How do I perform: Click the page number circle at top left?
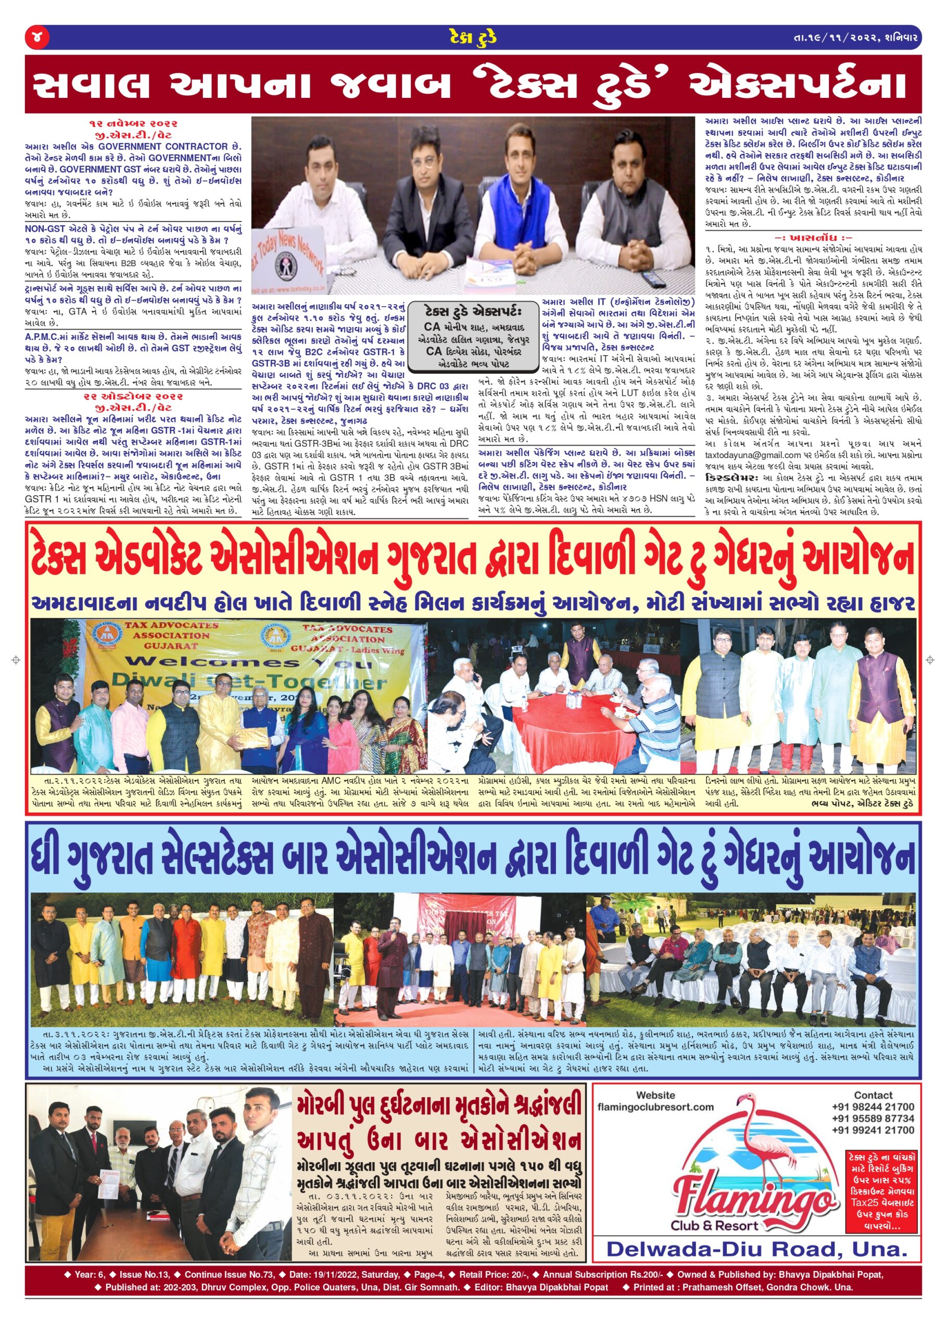click(37, 38)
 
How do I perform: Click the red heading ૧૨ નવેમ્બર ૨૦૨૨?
click(133, 123)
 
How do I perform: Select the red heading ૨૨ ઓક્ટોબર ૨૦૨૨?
click(133, 397)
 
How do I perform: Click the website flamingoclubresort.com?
click(655, 1106)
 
